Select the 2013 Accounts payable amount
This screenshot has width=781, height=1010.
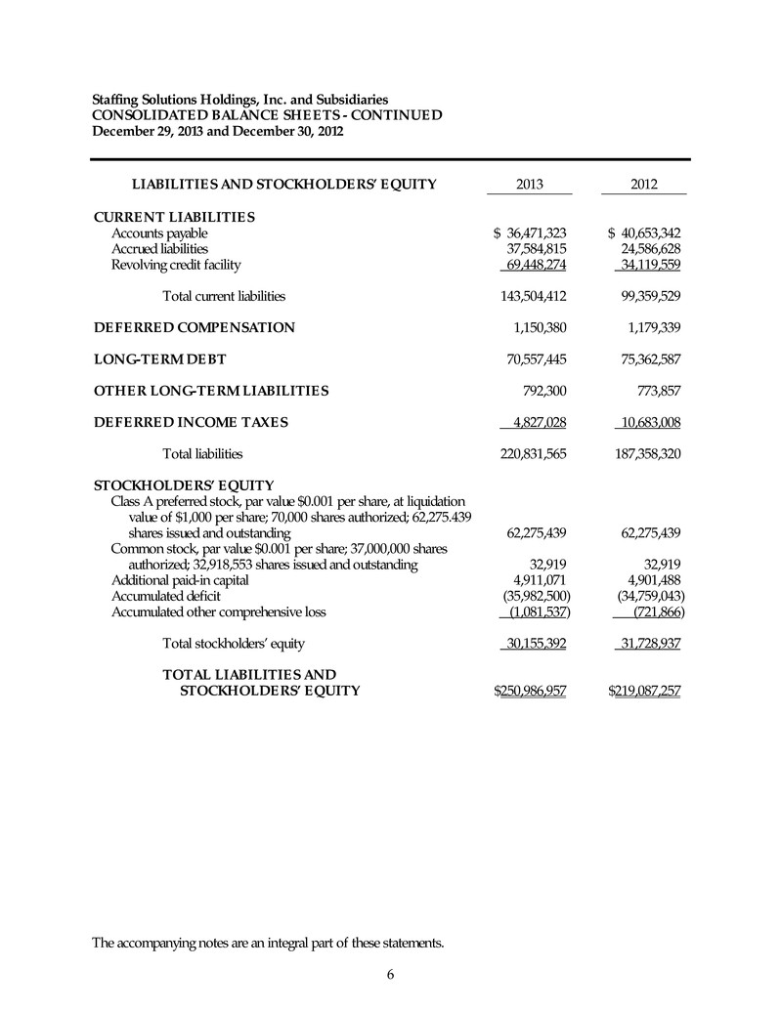(532, 233)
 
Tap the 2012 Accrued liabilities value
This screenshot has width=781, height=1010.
(644, 249)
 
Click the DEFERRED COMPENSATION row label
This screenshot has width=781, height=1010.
(194, 327)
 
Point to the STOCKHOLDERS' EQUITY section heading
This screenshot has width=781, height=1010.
(183, 484)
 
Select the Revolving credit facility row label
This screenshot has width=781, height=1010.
(175, 265)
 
